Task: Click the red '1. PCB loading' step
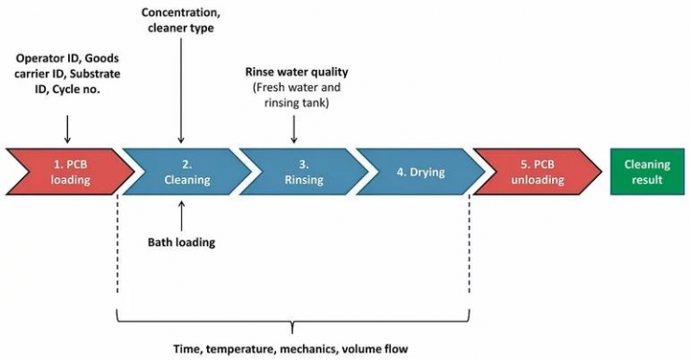point(63,173)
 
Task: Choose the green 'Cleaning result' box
point(644,173)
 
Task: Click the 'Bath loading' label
point(181,242)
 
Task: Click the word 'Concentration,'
point(183,12)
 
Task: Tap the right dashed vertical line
point(469,252)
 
